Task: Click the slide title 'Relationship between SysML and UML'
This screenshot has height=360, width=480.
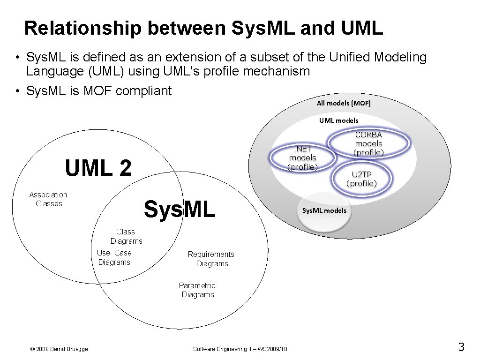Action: (x=203, y=28)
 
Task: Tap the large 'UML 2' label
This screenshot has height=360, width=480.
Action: (x=98, y=168)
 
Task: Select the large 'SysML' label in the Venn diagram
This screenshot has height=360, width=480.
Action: (x=180, y=209)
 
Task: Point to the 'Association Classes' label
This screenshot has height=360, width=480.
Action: (x=48, y=199)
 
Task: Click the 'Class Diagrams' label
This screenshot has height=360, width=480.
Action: (x=126, y=236)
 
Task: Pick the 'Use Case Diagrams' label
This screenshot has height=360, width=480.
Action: (x=114, y=257)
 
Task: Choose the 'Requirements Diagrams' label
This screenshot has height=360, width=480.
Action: (x=211, y=259)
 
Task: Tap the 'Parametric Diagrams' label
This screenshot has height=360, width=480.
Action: (x=197, y=290)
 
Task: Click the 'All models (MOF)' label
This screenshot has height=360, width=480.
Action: (x=344, y=103)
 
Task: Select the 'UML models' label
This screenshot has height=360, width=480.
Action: (x=338, y=120)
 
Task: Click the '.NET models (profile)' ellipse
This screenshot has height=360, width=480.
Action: (x=303, y=158)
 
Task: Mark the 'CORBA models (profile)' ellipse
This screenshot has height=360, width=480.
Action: (x=368, y=144)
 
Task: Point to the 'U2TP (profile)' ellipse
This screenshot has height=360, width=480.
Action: (x=361, y=179)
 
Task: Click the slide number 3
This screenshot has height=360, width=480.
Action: (x=461, y=347)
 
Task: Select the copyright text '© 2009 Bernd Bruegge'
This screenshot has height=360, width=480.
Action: (x=59, y=349)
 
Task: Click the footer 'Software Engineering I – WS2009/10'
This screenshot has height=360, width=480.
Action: (x=240, y=349)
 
